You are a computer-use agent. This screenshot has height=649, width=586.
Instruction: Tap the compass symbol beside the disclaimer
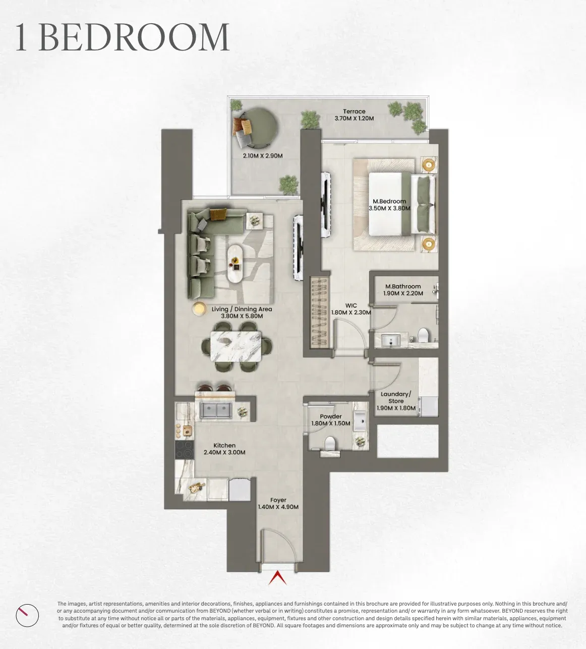click(x=27, y=615)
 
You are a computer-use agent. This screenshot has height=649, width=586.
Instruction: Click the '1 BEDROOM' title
click(x=123, y=37)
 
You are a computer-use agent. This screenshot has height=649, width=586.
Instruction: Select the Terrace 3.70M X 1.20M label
click(x=354, y=115)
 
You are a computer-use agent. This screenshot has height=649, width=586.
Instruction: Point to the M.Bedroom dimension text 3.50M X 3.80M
click(x=389, y=208)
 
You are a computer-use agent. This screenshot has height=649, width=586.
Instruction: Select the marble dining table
click(x=236, y=346)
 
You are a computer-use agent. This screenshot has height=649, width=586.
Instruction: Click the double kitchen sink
click(x=216, y=410)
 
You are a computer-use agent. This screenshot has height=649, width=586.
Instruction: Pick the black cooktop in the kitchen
click(x=185, y=449)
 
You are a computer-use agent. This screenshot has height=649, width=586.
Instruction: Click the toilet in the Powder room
click(x=330, y=443)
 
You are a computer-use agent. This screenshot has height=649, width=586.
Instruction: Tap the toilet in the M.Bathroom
click(x=423, y=335)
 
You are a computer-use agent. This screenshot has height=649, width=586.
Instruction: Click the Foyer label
click(x=278, y=500)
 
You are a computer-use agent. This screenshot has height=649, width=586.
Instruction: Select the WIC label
click(x=351, y=305)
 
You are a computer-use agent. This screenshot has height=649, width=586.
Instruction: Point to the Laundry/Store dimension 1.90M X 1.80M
click(x=396, y=408)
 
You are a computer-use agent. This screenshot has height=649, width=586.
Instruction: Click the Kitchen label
click(x=224, y=445)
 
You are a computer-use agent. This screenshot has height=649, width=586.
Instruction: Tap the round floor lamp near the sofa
click(x=199, y=308)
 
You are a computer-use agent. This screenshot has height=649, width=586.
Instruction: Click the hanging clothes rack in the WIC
click(x=319, y=312)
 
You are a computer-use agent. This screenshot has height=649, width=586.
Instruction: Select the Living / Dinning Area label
click(x=242, y=309)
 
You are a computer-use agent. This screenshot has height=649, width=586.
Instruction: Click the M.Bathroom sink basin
click(x=390, y=341)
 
